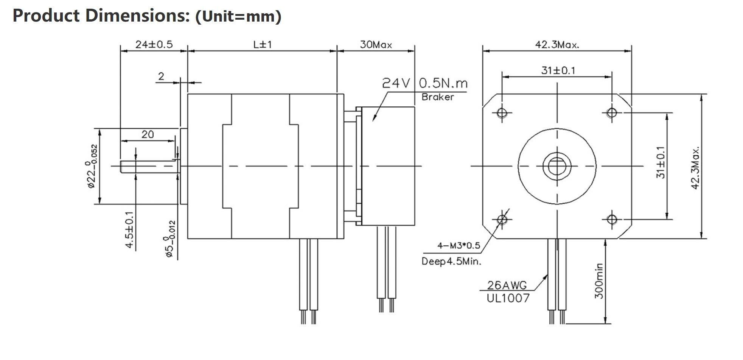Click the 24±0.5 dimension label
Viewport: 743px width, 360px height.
point(154,44)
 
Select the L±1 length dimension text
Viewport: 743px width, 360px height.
point(263,44)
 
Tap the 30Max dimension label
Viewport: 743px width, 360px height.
point(376,45)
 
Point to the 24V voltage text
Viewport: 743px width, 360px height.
point(396,83)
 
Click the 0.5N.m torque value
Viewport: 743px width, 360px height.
point(443,83)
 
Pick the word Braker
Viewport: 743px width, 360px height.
point(437,97)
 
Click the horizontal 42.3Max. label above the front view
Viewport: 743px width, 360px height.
point(557,45)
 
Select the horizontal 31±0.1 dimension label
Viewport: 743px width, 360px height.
point(558,70)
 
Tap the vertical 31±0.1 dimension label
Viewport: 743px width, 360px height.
point(660,162)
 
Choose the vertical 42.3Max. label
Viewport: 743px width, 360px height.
point(695,168)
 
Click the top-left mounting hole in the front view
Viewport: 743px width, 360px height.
point(502,113)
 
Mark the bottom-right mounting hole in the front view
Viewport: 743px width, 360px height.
point(611,219)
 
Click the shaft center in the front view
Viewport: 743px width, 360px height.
point(557,166)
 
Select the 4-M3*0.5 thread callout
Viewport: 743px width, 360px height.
point(459,245)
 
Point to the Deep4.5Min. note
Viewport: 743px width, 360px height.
point(451,261)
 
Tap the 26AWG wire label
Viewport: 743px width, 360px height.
point(507,285)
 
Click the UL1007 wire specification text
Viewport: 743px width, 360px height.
point(508,298)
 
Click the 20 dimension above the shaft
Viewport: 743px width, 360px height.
point(148,134)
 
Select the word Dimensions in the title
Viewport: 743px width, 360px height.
point(137,16)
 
